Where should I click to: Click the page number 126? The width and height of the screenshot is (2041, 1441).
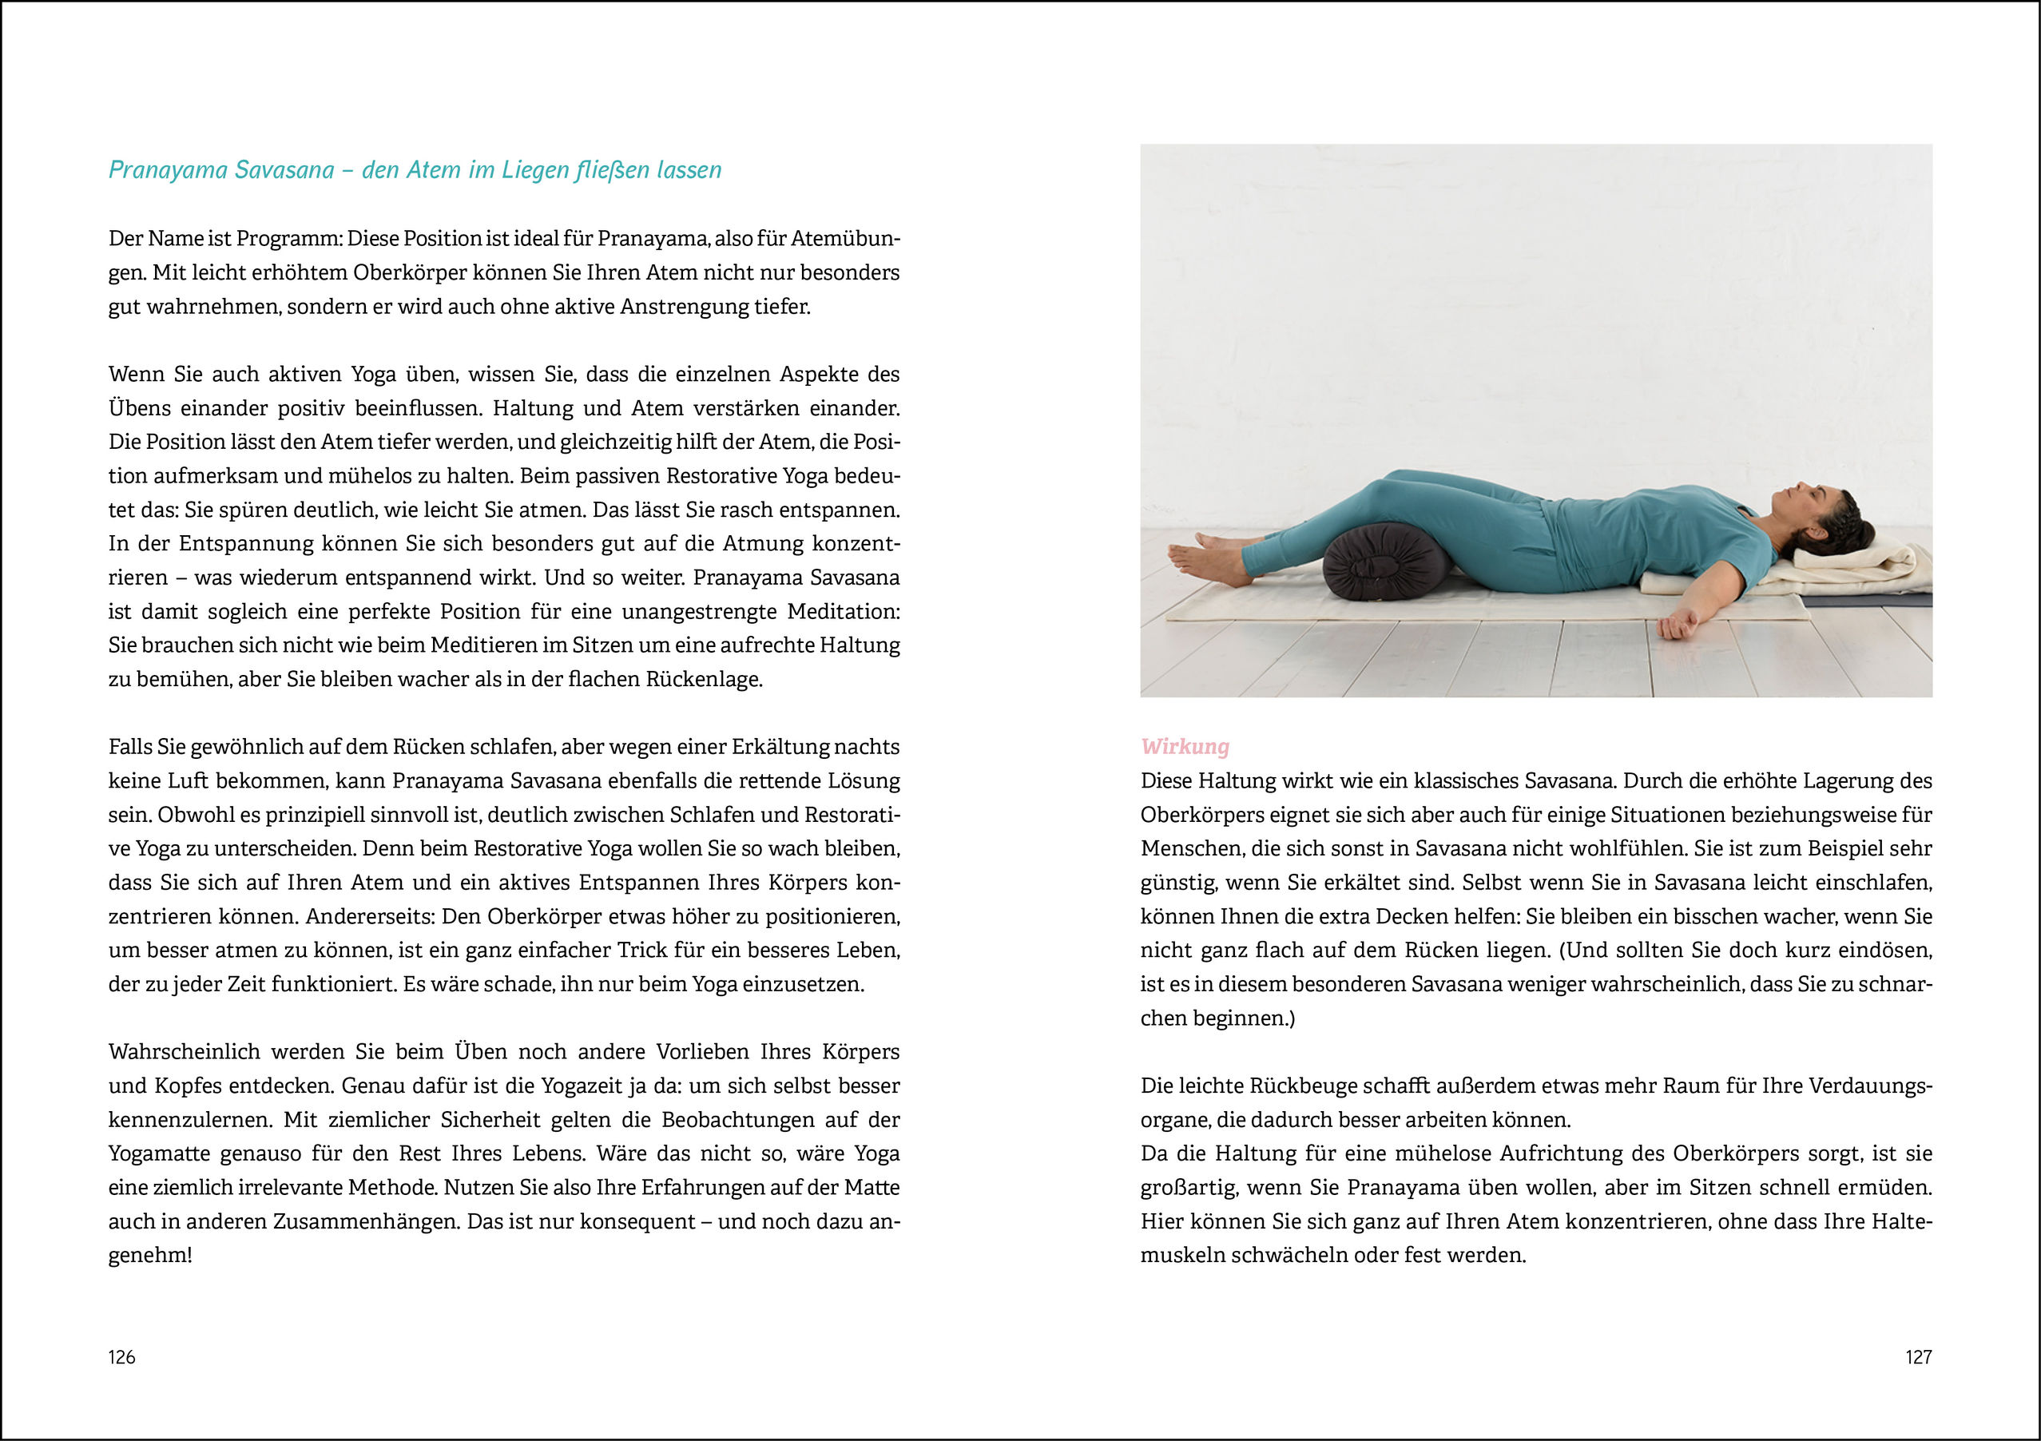(121, 1356)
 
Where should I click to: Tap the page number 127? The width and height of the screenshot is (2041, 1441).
(1918, 1356)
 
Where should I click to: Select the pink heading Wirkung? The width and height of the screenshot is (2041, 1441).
(1185, 747)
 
